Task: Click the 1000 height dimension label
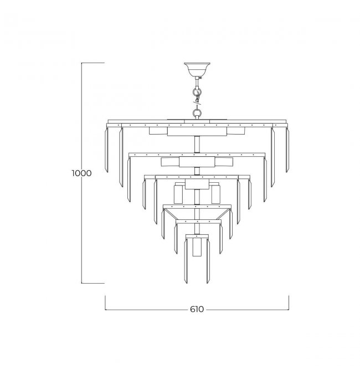click(81, 173)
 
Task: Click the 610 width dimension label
click(197, 309)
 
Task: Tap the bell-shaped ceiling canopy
click(197, 69)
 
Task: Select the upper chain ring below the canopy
click(197, 91)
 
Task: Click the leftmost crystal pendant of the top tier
click(107, 150)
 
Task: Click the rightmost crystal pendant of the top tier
click(287, 150)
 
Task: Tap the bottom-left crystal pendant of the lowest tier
click(186, 261)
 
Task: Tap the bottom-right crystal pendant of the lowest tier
click(208, 261)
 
